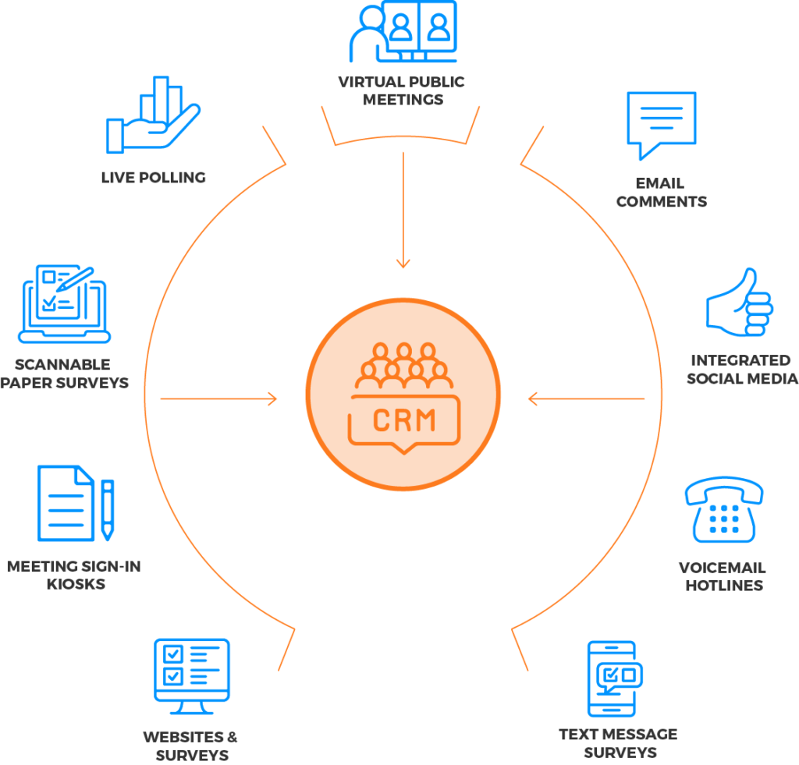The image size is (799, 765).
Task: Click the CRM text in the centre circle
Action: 403,420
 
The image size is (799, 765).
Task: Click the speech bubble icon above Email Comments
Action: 661,126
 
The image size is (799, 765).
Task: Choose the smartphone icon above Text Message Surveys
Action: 613,678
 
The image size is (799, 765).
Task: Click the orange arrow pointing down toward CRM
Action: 403,211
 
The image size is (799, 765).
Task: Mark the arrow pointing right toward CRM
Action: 218,399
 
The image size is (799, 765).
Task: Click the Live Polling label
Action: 154,177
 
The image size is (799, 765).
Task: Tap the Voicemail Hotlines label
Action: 723,576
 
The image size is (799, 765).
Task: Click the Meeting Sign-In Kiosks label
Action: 74,575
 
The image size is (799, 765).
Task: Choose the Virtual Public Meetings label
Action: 402,90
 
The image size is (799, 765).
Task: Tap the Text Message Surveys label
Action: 617,743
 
